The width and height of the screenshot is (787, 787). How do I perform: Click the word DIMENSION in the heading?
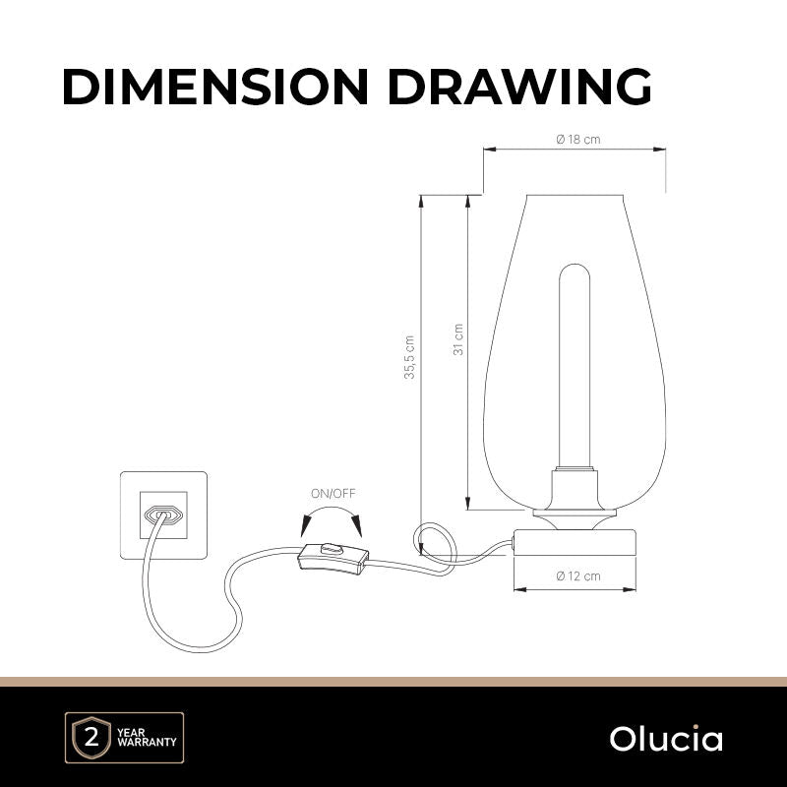(215, 86)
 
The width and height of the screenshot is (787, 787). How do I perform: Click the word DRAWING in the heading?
(519, 86)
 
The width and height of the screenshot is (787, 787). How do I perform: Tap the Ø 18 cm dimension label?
(578, 139)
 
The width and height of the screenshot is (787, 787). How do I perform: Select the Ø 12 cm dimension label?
(578, 575)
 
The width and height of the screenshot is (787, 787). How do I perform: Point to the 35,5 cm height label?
(409, 357)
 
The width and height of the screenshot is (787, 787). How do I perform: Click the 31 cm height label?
(457, 339)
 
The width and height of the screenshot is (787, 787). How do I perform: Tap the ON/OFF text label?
(333, 494)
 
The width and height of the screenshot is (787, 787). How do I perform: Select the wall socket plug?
(163, 515)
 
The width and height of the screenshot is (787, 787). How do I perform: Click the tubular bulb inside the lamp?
(575, 366)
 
